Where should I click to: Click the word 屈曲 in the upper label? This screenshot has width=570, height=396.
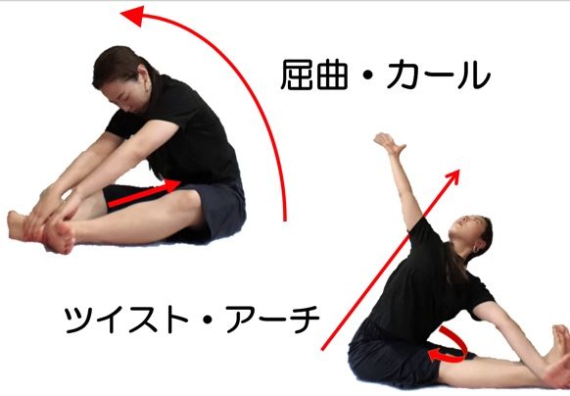[x=314, y=74]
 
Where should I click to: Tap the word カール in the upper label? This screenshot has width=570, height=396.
[x=438, y=74]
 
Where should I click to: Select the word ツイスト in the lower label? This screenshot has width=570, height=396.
[x=125, y=320]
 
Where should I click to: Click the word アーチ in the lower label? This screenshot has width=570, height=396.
[x=272, y=320]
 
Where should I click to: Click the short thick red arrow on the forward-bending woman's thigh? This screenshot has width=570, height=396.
[x=144, y=194]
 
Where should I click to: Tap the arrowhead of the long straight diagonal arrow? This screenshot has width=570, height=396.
[x=452, y=176]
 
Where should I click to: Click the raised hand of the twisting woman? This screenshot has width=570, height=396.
[x=389, y=144]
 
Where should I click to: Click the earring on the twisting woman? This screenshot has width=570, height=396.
[x=475, y=249]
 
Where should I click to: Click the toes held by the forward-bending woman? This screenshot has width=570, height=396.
[x=63, y=236]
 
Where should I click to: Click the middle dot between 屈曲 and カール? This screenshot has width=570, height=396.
[x=368, y=75]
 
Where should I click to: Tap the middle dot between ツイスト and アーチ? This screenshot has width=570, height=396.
[x=208, y=320]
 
